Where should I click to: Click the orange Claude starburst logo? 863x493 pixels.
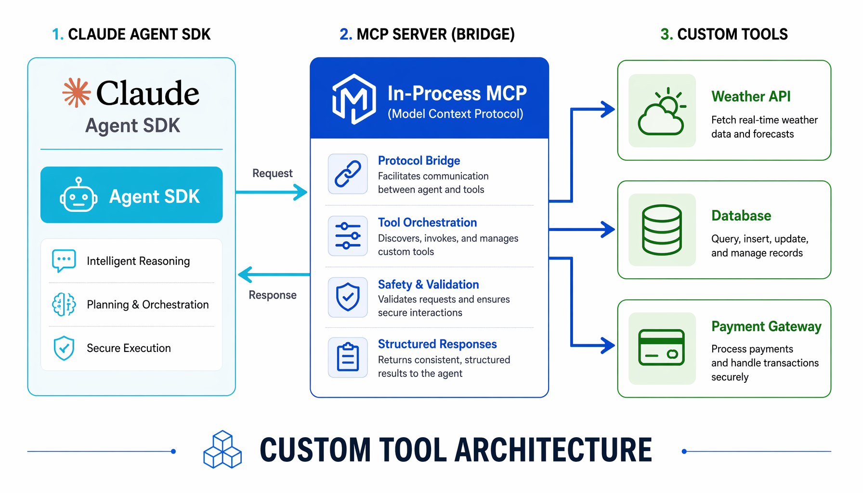(x=77, y=92)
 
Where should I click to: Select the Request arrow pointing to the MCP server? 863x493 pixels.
(x=272, y=192)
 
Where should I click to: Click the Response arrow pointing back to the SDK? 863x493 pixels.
(x=274, y=274)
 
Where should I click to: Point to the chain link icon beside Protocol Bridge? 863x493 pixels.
(x=348, y=174)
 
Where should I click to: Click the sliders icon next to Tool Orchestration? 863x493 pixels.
(x=348, y=235)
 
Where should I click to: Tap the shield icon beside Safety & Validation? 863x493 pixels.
(x=348, y=297)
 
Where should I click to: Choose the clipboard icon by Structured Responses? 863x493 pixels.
(x=348, y=357)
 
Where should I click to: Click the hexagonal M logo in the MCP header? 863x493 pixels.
(x=354, y=99)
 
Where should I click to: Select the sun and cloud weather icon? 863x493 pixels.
(x=662, y=111)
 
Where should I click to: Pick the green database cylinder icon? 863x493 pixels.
(x=662, y=230)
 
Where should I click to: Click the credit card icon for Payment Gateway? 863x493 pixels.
(x=662, y=348)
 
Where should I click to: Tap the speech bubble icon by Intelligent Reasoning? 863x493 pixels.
(x=64, y=261)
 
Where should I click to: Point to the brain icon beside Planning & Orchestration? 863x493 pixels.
(x=64, y=304)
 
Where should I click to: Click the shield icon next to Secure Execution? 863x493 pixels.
(x=64, y=348)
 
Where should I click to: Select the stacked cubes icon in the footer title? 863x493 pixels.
(x=222, y=450)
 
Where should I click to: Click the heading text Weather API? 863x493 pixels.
(x=751, y=96)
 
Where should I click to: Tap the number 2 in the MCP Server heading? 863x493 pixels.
(x=345, y=34)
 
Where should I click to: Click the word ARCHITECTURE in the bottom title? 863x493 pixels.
(x=553, y=450)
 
